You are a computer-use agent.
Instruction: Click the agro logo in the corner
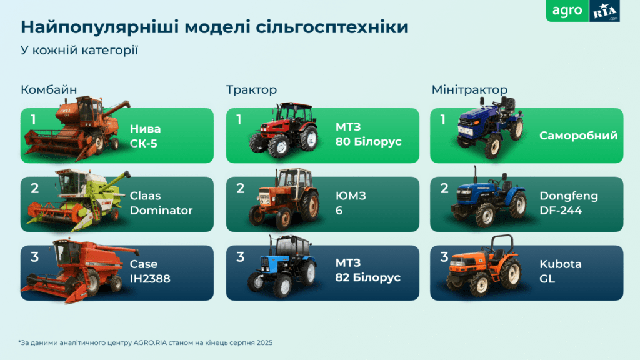click(x=567, y=11)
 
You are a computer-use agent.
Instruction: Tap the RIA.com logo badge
click(x=604, y=11)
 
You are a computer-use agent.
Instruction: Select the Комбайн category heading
click(x=48, y=90)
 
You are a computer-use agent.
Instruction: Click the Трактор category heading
click(x=251, y=90)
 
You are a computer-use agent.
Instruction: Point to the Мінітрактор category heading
click(x=469, y=90)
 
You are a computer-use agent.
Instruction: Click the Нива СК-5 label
click(x=146, y=136)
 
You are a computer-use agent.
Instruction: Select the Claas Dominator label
click(x=161, y=204)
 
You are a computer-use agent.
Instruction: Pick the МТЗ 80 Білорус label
click(x=368, y=136)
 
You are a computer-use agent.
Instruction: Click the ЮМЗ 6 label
click(x=351, y=204)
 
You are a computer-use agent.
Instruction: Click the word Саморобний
click(x=578, y=136)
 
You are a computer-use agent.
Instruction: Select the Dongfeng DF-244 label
click(x=569, y=204)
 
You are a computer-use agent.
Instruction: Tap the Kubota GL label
click(x=560, y=272)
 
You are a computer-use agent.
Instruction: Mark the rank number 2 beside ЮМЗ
click(x=240, y=188)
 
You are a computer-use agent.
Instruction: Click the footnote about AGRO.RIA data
click(x=145, y=342)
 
